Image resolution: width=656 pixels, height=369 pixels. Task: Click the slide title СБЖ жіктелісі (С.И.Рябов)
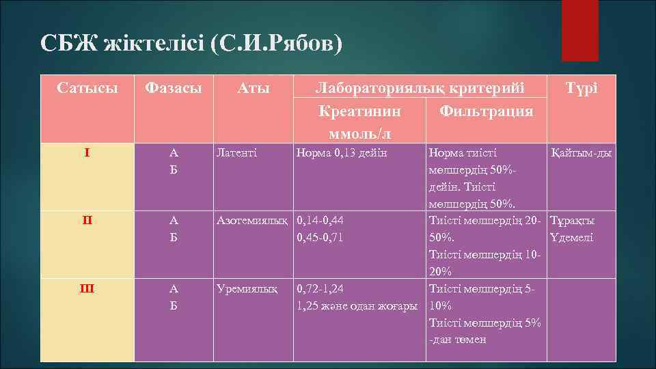pos(191,44)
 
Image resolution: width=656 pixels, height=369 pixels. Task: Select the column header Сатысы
pos(87,88)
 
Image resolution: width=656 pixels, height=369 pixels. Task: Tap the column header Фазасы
pos(176,88)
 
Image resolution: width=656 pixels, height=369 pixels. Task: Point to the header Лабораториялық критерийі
pos(420,88)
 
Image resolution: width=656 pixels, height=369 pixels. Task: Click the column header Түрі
pos(582,88)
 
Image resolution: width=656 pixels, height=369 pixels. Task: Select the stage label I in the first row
pos(87,152)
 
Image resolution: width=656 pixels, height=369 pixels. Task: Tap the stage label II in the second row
pos(87,220)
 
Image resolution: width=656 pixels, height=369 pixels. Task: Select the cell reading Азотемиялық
pos(254,221)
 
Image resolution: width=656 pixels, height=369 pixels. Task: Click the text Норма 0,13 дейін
pos(341,153)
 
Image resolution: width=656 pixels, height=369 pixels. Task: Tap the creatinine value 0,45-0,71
pos(320,238)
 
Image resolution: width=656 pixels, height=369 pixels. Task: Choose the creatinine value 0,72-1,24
pos(320,288)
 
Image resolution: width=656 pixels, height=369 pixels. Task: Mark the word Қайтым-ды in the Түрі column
pos(581,153)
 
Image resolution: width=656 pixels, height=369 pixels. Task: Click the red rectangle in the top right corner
pos(580,31)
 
